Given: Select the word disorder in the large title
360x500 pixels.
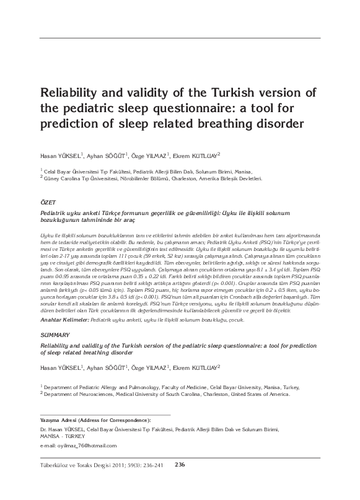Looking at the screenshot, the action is (276, 123).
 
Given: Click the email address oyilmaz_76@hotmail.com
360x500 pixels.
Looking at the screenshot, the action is (77, 446).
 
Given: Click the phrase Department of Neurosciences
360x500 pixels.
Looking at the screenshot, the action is (74, 393).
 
